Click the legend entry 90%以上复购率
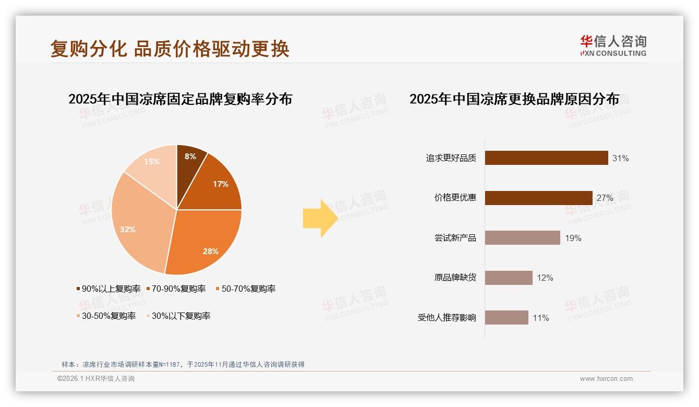pos(109,289)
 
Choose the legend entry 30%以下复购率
pos(177,316)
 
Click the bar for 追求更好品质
pos(546,158)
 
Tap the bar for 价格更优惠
pos(538,198)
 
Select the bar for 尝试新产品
pos(522,238)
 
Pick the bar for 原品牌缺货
pos(509,278)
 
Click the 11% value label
pos(541,318)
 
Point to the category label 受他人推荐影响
pos(447,318)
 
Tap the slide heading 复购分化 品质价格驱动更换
pos(170,49)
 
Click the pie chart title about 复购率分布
pos(180,99)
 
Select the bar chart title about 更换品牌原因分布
pos(514,99)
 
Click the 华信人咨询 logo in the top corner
pos(613,46)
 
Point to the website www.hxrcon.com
pos(606,379)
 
